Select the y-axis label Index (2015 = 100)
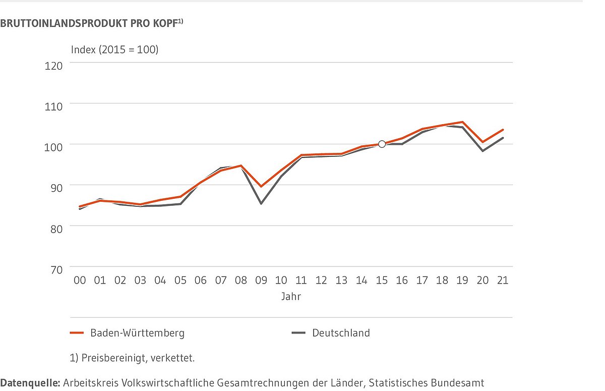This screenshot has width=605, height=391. [114, 49]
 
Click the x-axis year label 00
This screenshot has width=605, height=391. [80, 280]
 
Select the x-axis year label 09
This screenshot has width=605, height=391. [261, 280]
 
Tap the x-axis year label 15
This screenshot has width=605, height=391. [382, 280]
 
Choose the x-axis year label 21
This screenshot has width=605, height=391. [503, 280]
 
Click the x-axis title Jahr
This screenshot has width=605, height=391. [291, 297]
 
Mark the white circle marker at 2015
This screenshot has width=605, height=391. [382, 144]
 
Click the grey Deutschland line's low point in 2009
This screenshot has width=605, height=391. [261, 203]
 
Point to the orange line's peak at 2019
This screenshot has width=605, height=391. [462, 122]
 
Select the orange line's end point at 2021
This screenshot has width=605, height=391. [503, 130]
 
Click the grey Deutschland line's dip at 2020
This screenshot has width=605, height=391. [482, 151]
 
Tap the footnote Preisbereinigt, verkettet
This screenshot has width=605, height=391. [132, 358]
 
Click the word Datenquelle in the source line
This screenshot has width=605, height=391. [30, 383]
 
